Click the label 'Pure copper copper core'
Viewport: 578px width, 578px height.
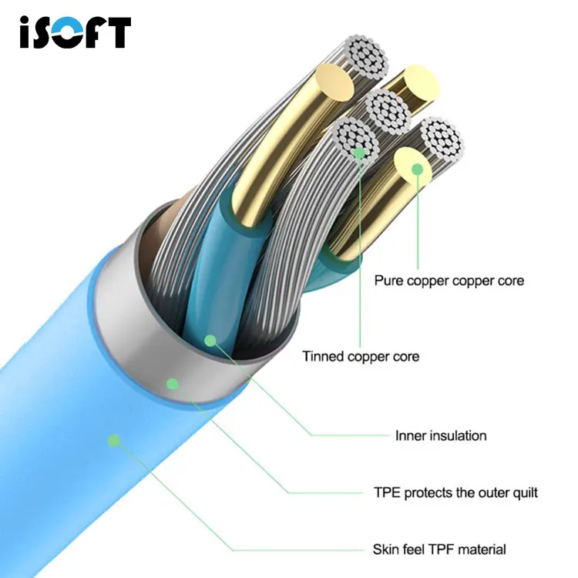tap(449, 281)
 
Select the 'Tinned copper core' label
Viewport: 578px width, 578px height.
tap(361, 357)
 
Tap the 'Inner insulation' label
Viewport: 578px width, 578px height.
tap(441, 435)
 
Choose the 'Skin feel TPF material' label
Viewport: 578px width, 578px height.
tap(439, 549)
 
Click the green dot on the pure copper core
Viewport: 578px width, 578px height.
tap(418, 168)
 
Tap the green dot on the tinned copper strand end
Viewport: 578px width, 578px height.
tap(358, 153)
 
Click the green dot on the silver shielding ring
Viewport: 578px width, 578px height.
tap(173, 382)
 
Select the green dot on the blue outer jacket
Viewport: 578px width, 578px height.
tap(114, 440)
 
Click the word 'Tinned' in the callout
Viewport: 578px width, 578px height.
tap(324, 357)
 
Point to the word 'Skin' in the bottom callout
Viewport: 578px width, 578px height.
tap(386, 549)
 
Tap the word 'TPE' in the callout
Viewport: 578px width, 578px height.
tap(387, 492)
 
